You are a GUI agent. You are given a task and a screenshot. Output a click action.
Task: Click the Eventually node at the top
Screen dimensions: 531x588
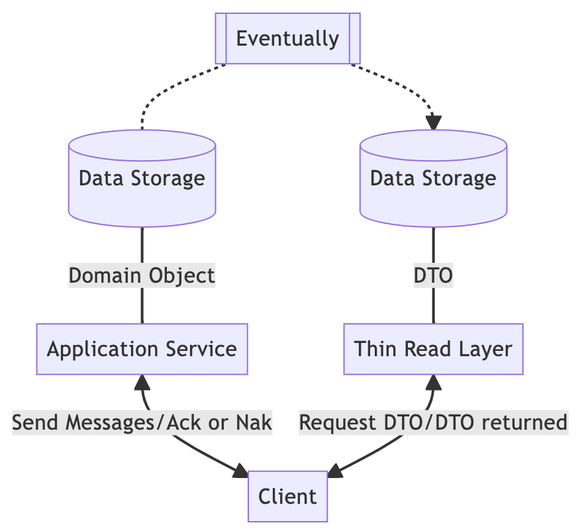pos(287,38)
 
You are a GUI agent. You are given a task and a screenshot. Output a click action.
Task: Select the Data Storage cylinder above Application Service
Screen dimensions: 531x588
pos(142,178)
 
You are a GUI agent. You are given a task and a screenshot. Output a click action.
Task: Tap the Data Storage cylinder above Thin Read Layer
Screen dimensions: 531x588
pos(433,178)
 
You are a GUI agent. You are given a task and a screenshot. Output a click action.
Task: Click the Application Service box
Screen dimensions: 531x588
pos(142,349)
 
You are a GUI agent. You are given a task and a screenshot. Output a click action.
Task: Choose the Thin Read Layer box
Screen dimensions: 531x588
pos(433,349)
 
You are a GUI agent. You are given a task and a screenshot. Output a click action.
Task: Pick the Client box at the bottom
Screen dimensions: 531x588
pos(287,496)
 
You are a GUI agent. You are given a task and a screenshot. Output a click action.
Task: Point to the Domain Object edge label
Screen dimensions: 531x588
pos(142,275)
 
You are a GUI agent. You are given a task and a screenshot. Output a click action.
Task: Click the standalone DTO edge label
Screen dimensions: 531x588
pos(433,275)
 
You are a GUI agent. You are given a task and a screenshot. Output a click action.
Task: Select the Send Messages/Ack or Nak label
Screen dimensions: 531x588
pos(142,422)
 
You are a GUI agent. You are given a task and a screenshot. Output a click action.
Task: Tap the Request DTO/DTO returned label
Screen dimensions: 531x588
pos(433,422)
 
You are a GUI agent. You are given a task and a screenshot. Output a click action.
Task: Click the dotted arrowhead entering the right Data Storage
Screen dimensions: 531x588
pos(433,122)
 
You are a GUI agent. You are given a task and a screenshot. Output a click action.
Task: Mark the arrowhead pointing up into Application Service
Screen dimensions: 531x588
pos(142,381)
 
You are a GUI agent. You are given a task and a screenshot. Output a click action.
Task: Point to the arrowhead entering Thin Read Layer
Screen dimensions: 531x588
pos(433,381)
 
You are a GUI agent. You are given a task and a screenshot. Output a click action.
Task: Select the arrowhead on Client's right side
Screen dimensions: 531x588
pos(336,471)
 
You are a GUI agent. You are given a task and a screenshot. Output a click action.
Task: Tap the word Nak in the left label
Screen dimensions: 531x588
pos(256,422)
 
